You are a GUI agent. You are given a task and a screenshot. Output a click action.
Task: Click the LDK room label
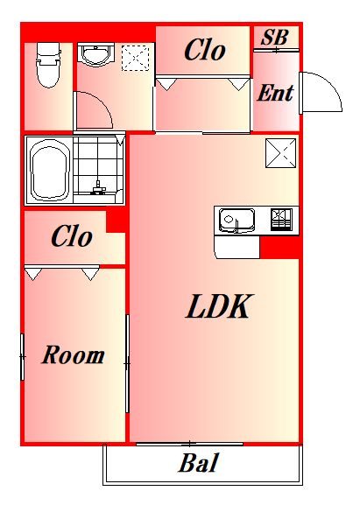point(217,306)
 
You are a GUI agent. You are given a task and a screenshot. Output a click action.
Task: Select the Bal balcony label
point(198,463)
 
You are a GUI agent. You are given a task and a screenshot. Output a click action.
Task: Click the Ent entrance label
point(276,93)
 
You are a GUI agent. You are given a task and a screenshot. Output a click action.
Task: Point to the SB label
point(274,37)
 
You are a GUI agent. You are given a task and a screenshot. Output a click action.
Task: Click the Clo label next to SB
point(205,50)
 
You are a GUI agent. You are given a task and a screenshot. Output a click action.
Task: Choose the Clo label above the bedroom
point(72,236)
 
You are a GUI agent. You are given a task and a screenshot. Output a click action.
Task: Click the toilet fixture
point(49,65)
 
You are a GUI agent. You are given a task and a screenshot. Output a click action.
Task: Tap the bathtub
point(50,170)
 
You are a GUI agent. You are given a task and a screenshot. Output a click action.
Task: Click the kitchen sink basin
point(236,221)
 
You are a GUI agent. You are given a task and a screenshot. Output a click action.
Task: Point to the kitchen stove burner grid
point(281,219)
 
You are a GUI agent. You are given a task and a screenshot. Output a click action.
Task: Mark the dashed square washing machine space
point(135,59)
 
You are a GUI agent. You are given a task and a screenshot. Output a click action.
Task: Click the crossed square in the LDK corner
point(281,153)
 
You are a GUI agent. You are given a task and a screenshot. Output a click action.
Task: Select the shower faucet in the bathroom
point(98,187)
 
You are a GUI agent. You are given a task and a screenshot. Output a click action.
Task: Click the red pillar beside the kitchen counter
point(280,247)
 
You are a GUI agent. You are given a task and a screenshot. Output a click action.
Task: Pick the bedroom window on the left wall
point(23,357)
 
